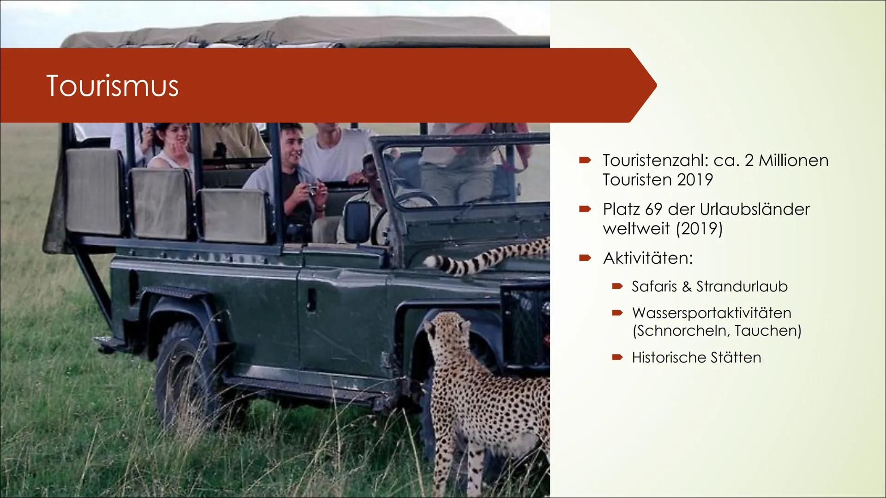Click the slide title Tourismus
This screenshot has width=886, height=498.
[112, 86]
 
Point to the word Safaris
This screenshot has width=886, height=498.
[654, 286]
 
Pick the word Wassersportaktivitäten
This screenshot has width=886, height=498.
[712, 313]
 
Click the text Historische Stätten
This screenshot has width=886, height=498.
[696, 357]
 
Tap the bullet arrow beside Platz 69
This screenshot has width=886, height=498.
[585, 209]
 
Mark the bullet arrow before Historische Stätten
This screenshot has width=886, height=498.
[617, 357]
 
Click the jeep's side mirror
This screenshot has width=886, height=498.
[358, 222]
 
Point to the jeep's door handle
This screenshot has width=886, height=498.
[312, 300]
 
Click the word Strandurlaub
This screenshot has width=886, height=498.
[742, 286]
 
